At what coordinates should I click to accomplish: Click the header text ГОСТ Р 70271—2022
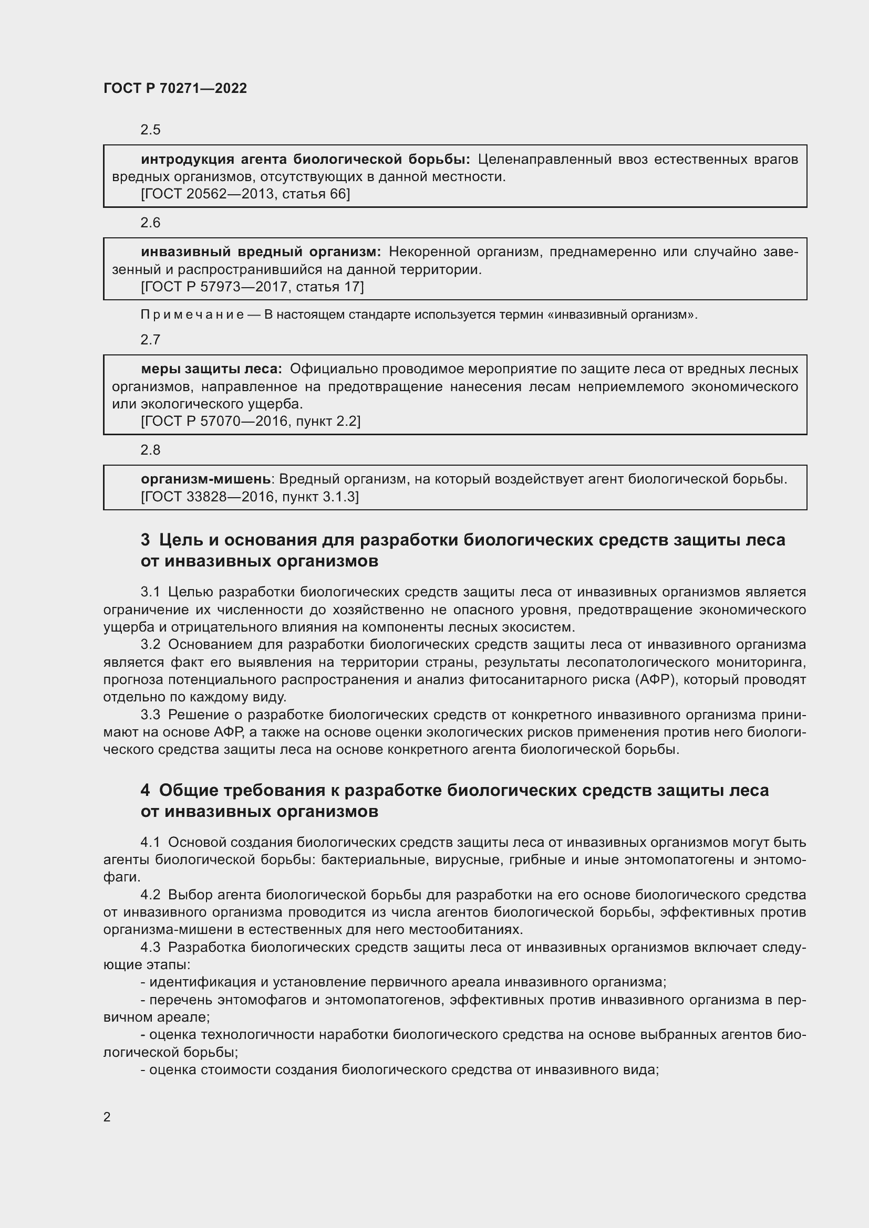[x=175, y=88]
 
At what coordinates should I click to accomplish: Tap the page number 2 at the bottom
[x=107, y=1117]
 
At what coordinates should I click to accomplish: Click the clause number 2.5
[x=150, y=130]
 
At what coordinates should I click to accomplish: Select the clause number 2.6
[x=150, y=223]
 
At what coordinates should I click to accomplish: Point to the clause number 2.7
[x=150, y=340]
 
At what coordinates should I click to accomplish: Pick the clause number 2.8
[x=150, y=450]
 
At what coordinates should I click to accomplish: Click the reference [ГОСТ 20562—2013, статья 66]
[x=245, y=194]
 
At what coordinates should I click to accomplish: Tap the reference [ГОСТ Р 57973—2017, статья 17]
[x=252, y=287]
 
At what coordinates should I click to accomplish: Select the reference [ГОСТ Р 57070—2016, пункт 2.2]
[x=251, y=422]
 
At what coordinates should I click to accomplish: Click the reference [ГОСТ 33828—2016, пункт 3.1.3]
[x=250, y=497]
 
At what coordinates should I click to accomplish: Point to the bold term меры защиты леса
[x=211, y=369]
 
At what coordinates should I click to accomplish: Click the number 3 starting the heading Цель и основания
[x=145, y=540]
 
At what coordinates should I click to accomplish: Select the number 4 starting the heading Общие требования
[x=145, y=791]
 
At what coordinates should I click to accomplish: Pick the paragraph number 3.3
[x=150, y=715]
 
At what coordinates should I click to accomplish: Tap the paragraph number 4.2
[x=150, y=895]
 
